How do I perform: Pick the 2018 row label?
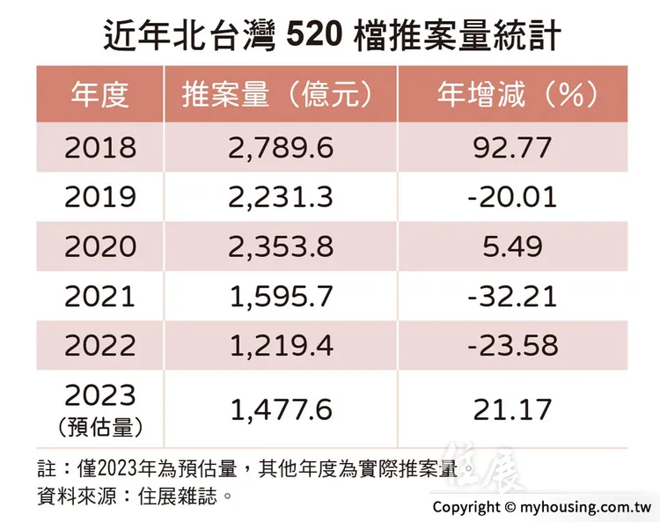click(99, 146)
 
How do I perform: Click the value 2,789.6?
click(280, 146)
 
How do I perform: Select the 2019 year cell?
click(99, 196)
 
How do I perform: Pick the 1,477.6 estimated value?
click(280, 408)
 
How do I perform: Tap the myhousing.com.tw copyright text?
click(541, 507)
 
